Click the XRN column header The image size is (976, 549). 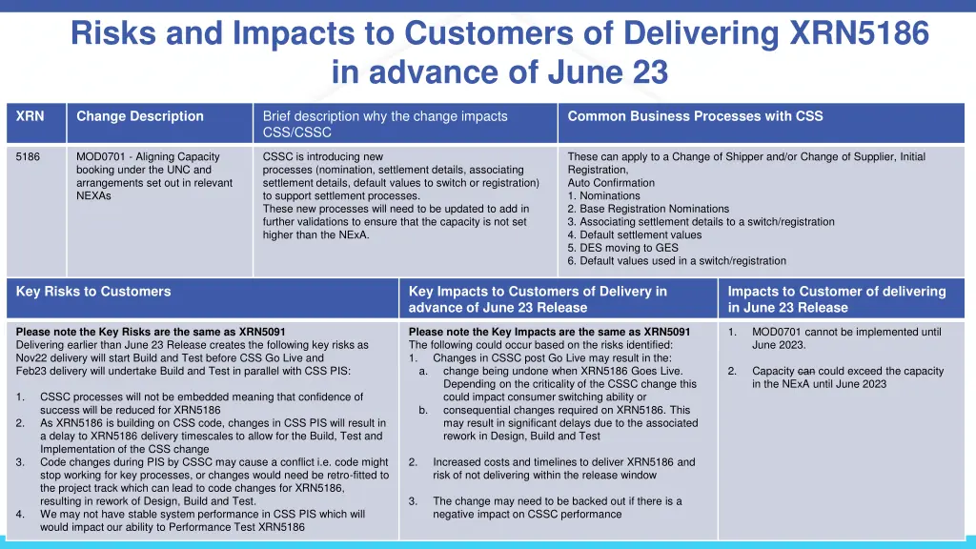coord(30,116)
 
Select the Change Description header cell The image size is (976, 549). coord(139,116)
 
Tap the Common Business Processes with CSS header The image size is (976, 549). coord(695,116)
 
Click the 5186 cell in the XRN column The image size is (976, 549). coord(28,156)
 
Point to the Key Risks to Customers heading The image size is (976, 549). coord(93,292)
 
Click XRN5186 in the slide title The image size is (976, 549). coord(860,34)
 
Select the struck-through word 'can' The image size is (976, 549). coord(805,371)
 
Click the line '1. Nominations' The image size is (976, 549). coord(603,195)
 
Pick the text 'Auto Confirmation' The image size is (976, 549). coord(611,182)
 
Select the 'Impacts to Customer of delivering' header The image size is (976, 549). coord(836,292)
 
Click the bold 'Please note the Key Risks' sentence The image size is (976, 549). coord(151,332)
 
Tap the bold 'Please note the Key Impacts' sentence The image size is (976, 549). coord(549,332)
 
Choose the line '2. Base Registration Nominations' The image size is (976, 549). coord(648,209)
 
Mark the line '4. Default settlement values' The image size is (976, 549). coord(634,234)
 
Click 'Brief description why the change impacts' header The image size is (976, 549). coord(385,116)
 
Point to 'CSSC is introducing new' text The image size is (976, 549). coord(322,156)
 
